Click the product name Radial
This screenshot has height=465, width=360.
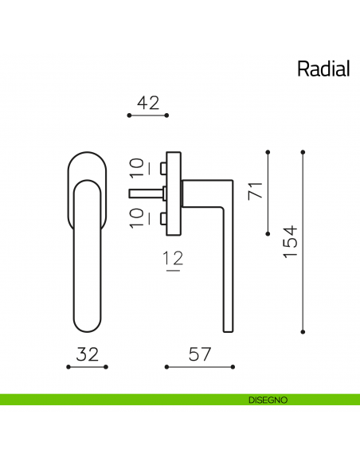(x=323, y=68)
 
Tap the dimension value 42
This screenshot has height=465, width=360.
(x=148, y=103)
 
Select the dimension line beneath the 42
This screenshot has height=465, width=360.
(x=148, y=115)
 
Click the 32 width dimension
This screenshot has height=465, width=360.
(x=88, y=355)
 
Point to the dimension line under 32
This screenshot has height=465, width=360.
(x=88, y=367)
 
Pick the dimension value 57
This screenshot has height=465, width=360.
(x=199, y=355)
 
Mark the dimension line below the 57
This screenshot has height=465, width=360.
(x=199, y=367)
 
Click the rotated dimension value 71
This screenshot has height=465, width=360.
(x=255, y=192)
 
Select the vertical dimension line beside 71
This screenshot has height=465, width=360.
(x=268, y=193)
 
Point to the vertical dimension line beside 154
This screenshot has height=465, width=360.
(x=303, y=240)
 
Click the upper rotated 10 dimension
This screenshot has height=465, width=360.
(x=137, y=167)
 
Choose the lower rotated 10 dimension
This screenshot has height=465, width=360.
(x=137, y=217)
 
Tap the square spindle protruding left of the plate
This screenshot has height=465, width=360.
(x=144, y=192)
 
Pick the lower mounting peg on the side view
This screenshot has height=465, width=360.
(x=162, y=217)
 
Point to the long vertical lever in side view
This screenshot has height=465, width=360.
(x=226, y=271)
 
